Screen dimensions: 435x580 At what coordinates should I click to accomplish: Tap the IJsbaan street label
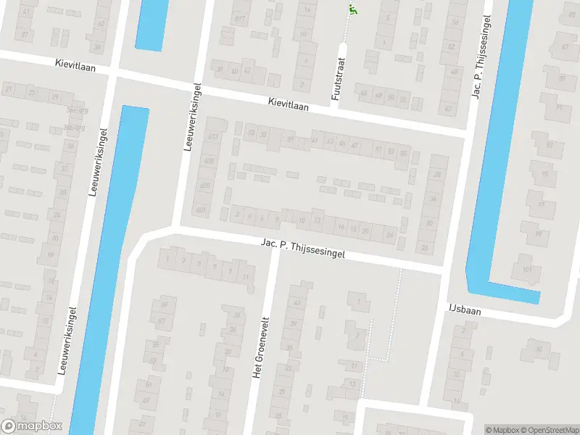coord(465,309)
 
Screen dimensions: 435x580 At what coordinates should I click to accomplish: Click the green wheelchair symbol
coord(353,9)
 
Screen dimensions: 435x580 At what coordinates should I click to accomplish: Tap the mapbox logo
coord(32,426)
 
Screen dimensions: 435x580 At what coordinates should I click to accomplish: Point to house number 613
coord(213,137)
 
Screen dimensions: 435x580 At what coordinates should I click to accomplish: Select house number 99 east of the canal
coord(539,234)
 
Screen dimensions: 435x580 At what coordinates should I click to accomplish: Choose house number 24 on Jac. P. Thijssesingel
coord(390,234)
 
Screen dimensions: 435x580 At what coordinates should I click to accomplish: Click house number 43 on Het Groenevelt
coord(297,302)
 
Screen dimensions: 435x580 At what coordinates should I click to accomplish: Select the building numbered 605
coord(205,186)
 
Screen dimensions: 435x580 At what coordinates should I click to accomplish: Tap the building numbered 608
coord(209,161)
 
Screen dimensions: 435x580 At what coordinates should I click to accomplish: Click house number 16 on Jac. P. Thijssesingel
coord(341,227)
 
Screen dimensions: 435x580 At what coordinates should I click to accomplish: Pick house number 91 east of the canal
coord(559,107)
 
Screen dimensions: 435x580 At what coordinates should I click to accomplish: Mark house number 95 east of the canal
coord(543,174)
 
